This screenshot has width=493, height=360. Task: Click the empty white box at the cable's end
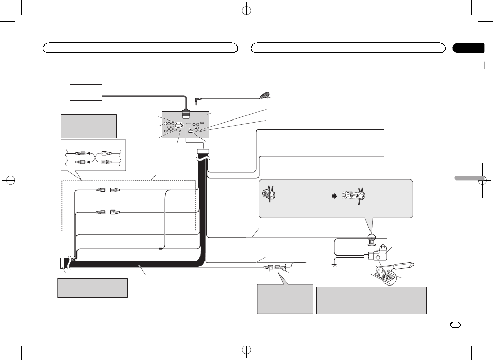point(87,93)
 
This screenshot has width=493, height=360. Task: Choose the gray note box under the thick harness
point(92,288)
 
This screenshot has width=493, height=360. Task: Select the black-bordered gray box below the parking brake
point(372,301)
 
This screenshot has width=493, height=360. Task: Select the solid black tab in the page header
point(469,48)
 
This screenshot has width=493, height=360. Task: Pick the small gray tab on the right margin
point(469,178)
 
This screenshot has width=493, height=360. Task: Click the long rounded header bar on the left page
point(140,48)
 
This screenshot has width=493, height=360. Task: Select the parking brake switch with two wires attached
point(380,253)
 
